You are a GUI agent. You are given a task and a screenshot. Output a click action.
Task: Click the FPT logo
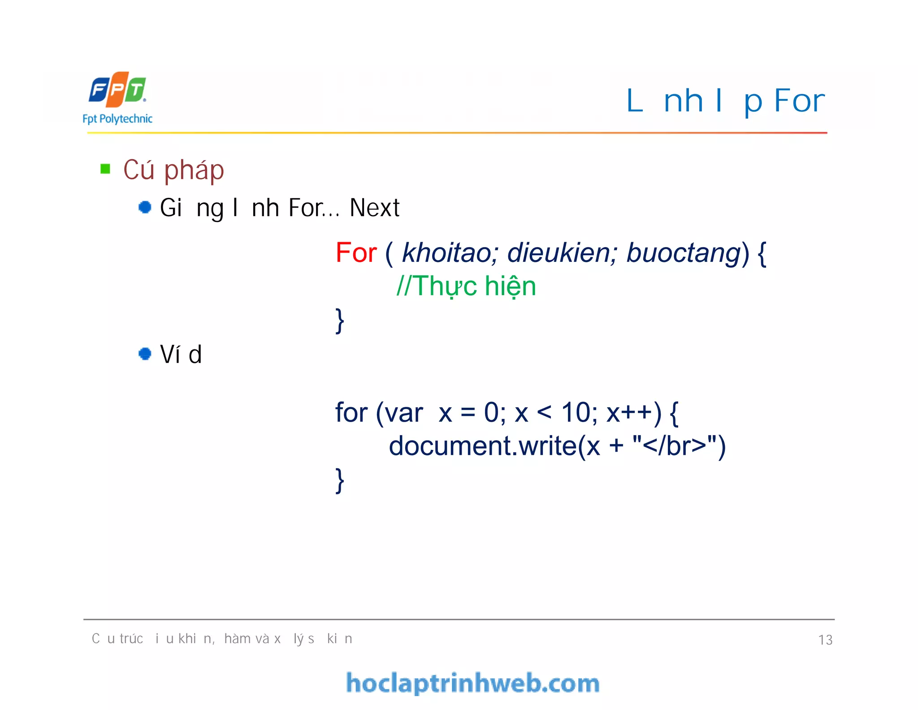117,90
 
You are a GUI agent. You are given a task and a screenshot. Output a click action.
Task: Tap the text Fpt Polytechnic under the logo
117,119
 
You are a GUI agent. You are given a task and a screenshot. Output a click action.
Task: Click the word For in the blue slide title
799,101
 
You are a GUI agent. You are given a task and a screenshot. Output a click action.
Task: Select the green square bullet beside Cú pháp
105,169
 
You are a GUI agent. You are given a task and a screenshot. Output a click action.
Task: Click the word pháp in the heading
194,171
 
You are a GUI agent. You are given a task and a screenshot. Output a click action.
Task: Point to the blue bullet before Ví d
145,354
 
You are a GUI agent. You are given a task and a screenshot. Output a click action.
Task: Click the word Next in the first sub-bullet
374,208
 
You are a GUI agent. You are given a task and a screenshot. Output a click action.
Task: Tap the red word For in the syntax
356,253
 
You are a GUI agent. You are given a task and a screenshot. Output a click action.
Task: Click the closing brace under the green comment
340,320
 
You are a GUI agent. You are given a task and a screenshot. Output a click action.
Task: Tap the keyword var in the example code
403,413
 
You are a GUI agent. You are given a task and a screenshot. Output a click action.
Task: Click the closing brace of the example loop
340,480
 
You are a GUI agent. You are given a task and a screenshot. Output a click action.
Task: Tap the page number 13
825,640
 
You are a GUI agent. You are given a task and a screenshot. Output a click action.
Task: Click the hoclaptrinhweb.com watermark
472,683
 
